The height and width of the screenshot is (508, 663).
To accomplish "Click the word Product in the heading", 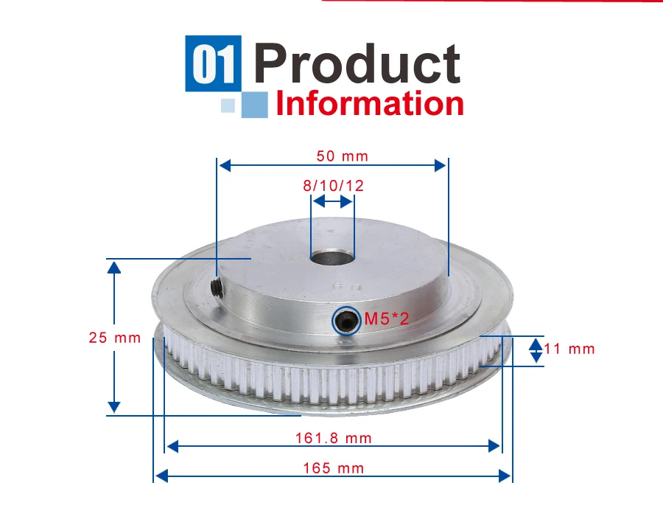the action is [357, 63].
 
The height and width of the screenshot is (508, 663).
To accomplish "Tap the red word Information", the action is [370, 104].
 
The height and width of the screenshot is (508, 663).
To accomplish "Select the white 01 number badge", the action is [213, 63].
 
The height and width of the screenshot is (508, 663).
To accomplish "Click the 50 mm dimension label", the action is [343, 156].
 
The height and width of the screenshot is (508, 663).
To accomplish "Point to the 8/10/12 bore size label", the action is [333, 185].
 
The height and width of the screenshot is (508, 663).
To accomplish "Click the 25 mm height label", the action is [115, 338].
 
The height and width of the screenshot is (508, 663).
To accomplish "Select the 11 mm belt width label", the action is [569, 349].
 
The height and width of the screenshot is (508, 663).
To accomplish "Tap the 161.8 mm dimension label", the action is [334, 438].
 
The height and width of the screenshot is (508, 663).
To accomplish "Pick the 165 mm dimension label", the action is [334, 468].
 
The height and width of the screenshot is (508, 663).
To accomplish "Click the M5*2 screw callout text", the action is [387, 319].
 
